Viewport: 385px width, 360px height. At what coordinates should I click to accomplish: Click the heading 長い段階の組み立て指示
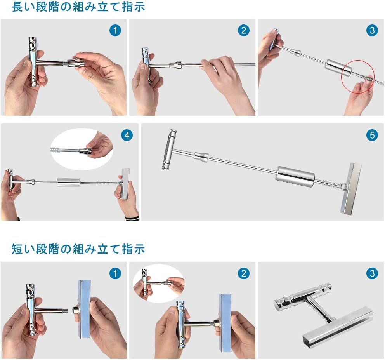(78, 7)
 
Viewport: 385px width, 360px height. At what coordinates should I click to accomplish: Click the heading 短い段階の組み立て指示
(78, 249)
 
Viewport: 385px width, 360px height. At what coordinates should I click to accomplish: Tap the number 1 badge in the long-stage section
(115, 30)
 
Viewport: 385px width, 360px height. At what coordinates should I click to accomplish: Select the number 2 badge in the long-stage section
(244, 30)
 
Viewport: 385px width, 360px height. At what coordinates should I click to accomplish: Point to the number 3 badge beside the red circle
(372, 30)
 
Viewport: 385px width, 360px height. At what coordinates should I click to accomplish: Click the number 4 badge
(127, 135)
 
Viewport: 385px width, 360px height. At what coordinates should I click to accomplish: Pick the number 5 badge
(372, 135)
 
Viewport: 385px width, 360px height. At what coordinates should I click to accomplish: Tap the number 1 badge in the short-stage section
(115, 273)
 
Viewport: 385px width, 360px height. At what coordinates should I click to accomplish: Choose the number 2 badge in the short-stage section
(244, 273)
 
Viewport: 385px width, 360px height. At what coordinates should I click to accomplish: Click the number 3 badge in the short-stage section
(372, 273)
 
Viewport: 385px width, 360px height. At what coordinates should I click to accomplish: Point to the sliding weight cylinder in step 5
(296, 177)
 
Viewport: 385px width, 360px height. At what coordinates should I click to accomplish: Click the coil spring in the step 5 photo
(332, 184)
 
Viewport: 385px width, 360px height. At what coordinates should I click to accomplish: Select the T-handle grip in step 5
(169, 149)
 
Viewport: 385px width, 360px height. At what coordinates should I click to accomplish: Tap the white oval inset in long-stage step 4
(82, 149)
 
